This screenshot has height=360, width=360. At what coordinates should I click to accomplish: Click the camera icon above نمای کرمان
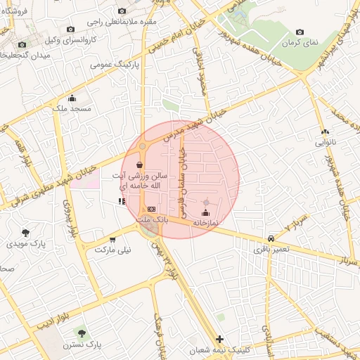[300, 32]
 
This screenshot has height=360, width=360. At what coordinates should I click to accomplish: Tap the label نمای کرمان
[300, 42]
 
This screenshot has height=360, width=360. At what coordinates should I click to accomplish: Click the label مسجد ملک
[72, 109]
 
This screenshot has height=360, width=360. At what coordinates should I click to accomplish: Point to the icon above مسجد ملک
[72, 98]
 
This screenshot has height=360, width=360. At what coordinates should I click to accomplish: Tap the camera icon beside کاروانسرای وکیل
[70, 30]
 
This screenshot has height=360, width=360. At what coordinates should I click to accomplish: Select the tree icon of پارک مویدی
[26, 232]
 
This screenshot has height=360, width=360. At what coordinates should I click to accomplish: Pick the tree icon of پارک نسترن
[82, 332]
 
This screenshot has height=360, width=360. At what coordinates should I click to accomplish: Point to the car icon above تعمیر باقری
[271, 238]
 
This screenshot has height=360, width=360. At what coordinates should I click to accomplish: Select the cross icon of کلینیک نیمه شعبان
[220, 339]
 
